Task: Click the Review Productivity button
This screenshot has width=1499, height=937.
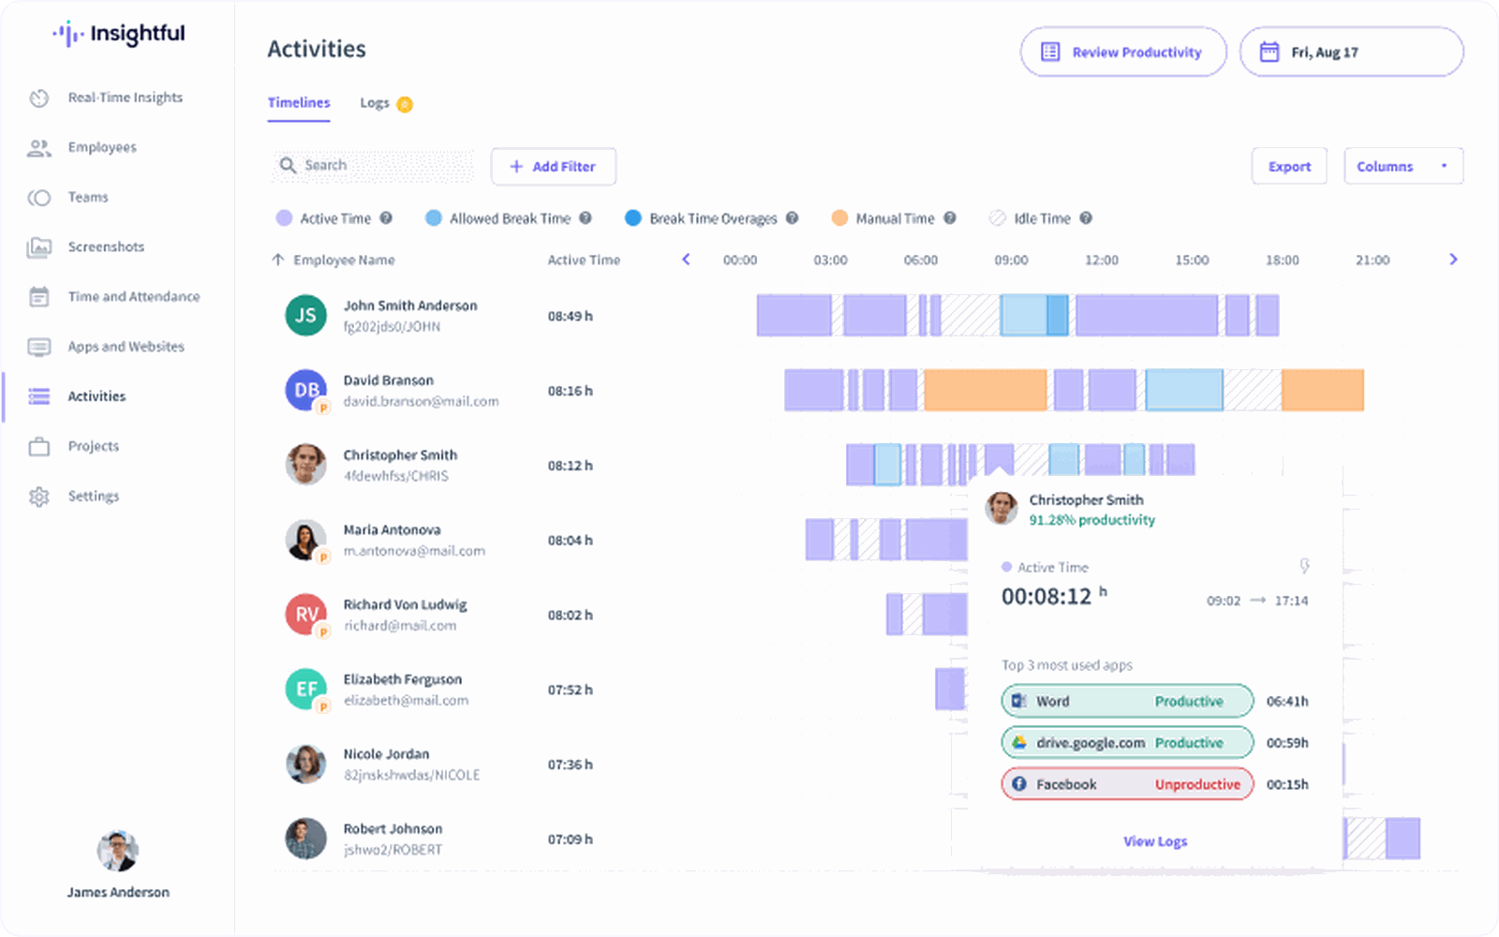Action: pos(1122,52)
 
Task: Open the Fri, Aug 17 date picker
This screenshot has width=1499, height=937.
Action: pos(1350,52)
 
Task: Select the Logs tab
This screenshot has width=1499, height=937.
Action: pos(375,103)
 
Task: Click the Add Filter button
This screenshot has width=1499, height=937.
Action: pos(553,167)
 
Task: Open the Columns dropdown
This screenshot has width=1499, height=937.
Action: pos(1403,167)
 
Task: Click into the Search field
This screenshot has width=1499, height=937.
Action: pos(384,166)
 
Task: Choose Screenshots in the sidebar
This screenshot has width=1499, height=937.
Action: pos(106,247)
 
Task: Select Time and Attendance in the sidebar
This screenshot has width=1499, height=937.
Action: pos(133,297)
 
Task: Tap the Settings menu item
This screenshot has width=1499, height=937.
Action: pos(93,497)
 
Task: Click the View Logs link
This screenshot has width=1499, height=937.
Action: pos(1155,841)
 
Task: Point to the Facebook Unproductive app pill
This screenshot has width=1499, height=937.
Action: pos(1127,784)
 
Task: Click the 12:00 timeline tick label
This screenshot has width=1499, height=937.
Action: pos(1101,260)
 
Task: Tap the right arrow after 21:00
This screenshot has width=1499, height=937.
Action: pos(1453,260)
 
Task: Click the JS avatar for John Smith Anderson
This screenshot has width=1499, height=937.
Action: pos(305,316)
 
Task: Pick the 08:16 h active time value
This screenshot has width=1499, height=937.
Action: pos(570,392)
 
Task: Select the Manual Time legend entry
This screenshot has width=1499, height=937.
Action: pos(894,219)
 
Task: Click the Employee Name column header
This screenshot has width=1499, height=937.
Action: pos(343,260)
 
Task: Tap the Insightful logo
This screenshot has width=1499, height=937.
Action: pos(119,35)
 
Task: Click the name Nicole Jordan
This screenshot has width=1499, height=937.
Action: pos(386,754)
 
